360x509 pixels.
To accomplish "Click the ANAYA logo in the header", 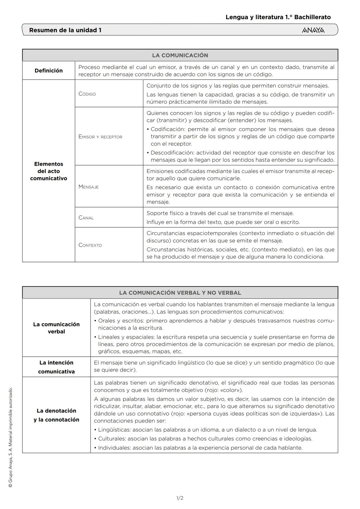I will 313,30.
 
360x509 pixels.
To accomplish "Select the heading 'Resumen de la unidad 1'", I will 65,30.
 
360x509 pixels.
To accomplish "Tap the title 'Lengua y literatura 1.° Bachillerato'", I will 278,17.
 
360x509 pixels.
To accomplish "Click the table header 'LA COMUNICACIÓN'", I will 180,55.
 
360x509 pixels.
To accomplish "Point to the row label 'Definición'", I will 49,71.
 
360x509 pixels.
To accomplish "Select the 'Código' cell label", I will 87,94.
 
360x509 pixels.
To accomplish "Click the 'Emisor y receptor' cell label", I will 100,137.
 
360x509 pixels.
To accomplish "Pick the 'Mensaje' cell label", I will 89,187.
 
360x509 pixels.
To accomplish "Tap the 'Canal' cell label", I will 86,218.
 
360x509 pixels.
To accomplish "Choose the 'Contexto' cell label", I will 90,245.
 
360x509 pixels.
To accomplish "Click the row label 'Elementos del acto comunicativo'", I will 49,171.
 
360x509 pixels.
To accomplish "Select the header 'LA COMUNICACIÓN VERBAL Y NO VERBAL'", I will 180,293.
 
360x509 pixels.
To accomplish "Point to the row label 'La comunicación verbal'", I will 56,328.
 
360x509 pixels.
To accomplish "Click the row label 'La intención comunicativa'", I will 56,367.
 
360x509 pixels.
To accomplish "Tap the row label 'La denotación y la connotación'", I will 56,415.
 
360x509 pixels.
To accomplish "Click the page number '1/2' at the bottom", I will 180,498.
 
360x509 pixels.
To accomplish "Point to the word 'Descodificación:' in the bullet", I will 172,153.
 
